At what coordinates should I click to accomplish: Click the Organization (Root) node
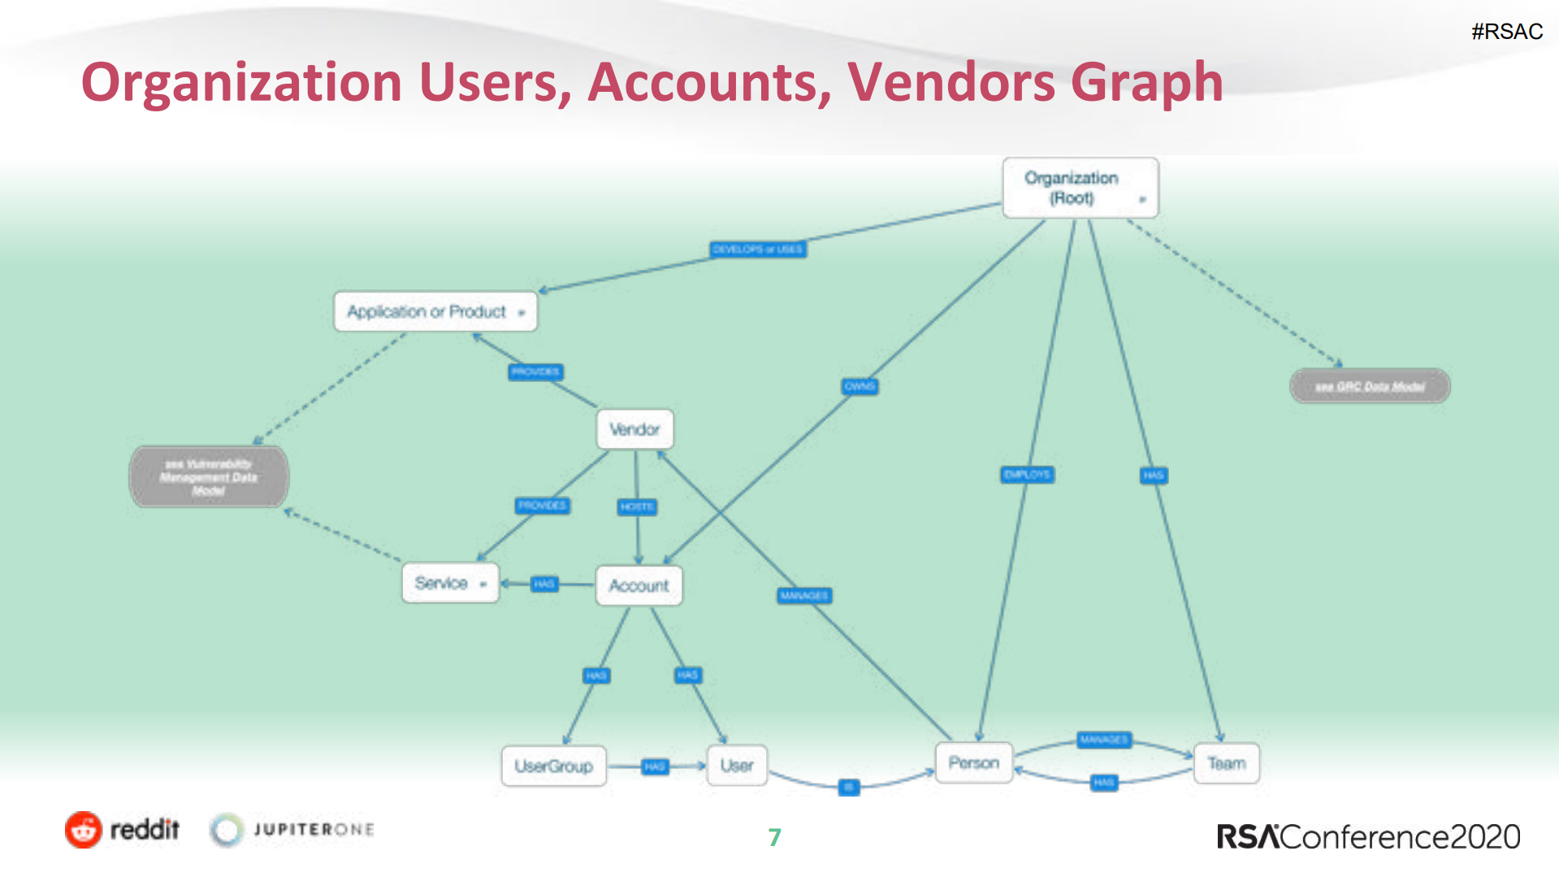[x=1080, y=188]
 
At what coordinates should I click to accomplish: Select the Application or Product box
[x=435, y=311]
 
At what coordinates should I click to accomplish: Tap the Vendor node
[x=634, y=429]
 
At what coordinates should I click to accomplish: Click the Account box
[x=639, y=585]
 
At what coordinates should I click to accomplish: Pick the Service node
[x=449, y=583]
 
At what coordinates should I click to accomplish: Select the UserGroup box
[x=553, y=766]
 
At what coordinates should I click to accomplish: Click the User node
[x=736, y=766]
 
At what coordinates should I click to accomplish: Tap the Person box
[x=973, y=762]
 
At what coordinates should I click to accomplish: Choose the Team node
[x=1226, y=763]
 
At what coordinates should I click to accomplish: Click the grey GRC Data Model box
[x=1370, y=386]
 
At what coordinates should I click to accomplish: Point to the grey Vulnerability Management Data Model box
[x=209, y=477]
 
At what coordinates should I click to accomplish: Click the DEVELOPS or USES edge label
[x=758, y=250]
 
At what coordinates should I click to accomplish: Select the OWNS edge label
[x=860, y=386]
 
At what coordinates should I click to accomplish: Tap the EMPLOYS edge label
[x=1027, y=475]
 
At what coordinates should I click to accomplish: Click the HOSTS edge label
[x=637, y=507]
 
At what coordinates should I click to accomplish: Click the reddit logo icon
[x=84, y=830]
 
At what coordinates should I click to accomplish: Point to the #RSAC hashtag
[x=1506, y=32]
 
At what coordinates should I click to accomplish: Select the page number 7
[x=774, y=837]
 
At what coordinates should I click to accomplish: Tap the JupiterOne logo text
[x=314, y=830]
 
